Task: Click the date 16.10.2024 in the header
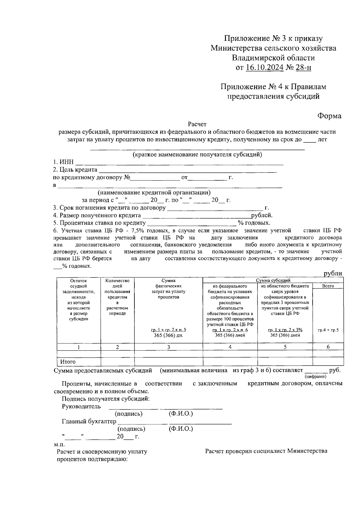264,68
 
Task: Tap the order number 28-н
303,68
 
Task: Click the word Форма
329,116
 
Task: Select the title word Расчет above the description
197,124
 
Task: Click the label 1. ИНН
63,162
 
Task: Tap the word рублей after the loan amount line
262,215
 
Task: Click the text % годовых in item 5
254,223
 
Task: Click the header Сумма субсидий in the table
273,280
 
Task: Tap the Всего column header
328,286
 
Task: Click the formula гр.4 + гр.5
328,330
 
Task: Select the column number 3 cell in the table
169,347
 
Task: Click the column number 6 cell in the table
328,347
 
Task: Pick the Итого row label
68,362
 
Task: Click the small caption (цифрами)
315,376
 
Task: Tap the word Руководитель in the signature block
81,407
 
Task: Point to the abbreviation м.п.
59,444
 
